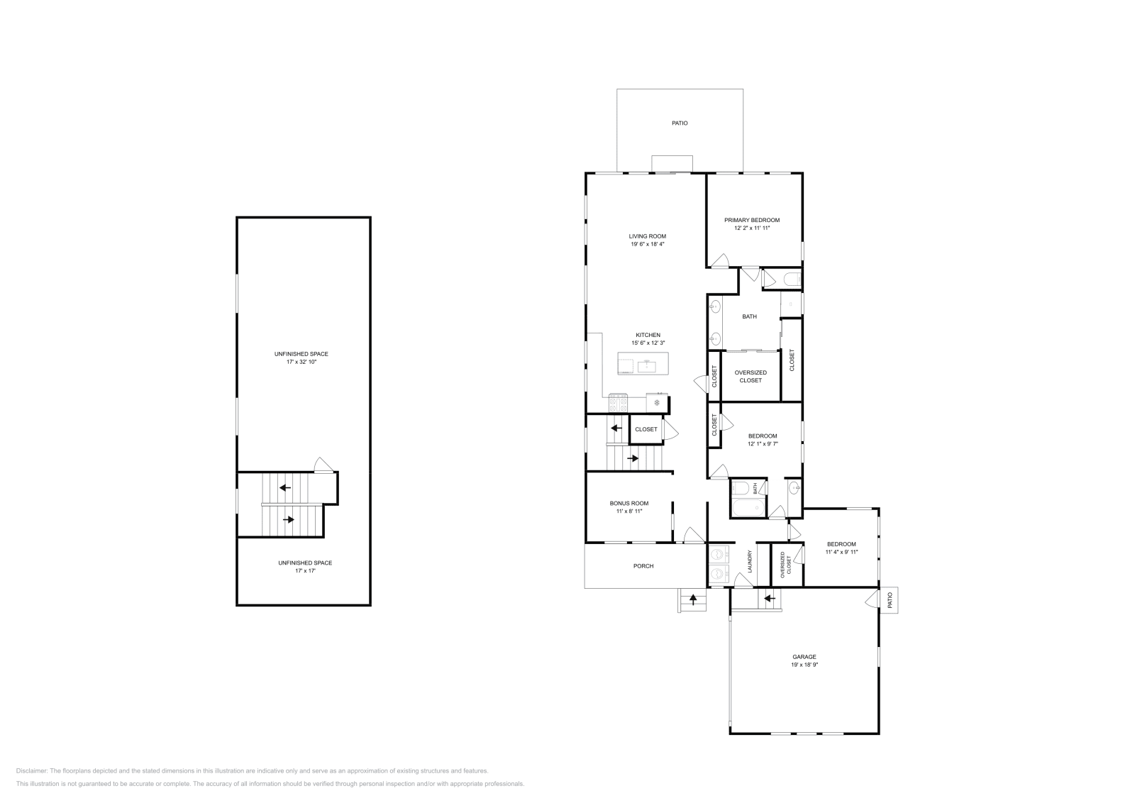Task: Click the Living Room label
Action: [x=647, y=236]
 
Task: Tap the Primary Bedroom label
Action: [x=752, y=220]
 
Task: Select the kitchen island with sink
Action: [x=644, y=365]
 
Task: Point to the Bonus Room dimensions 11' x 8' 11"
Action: [x=629, y=511]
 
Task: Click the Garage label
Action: [x=804, y=657]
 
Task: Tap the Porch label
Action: [x=643, y=566]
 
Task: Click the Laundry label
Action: [x=749, y=561]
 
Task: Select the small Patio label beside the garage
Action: [x=890, y=601]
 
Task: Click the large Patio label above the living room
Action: [x=680, y=123]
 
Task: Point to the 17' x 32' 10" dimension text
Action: [x=302, y=362]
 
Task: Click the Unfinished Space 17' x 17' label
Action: [x=305, y=563]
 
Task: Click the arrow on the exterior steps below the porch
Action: [x=693, y=599]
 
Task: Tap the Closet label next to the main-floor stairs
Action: [x=646, y=429]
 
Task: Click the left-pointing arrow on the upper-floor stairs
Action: [x=285, y=487]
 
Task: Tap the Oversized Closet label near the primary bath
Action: [x=751, y=376]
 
